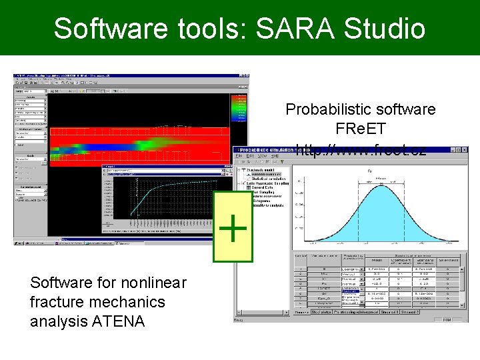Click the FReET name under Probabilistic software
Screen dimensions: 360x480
361,128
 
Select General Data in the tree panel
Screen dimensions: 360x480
265,187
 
